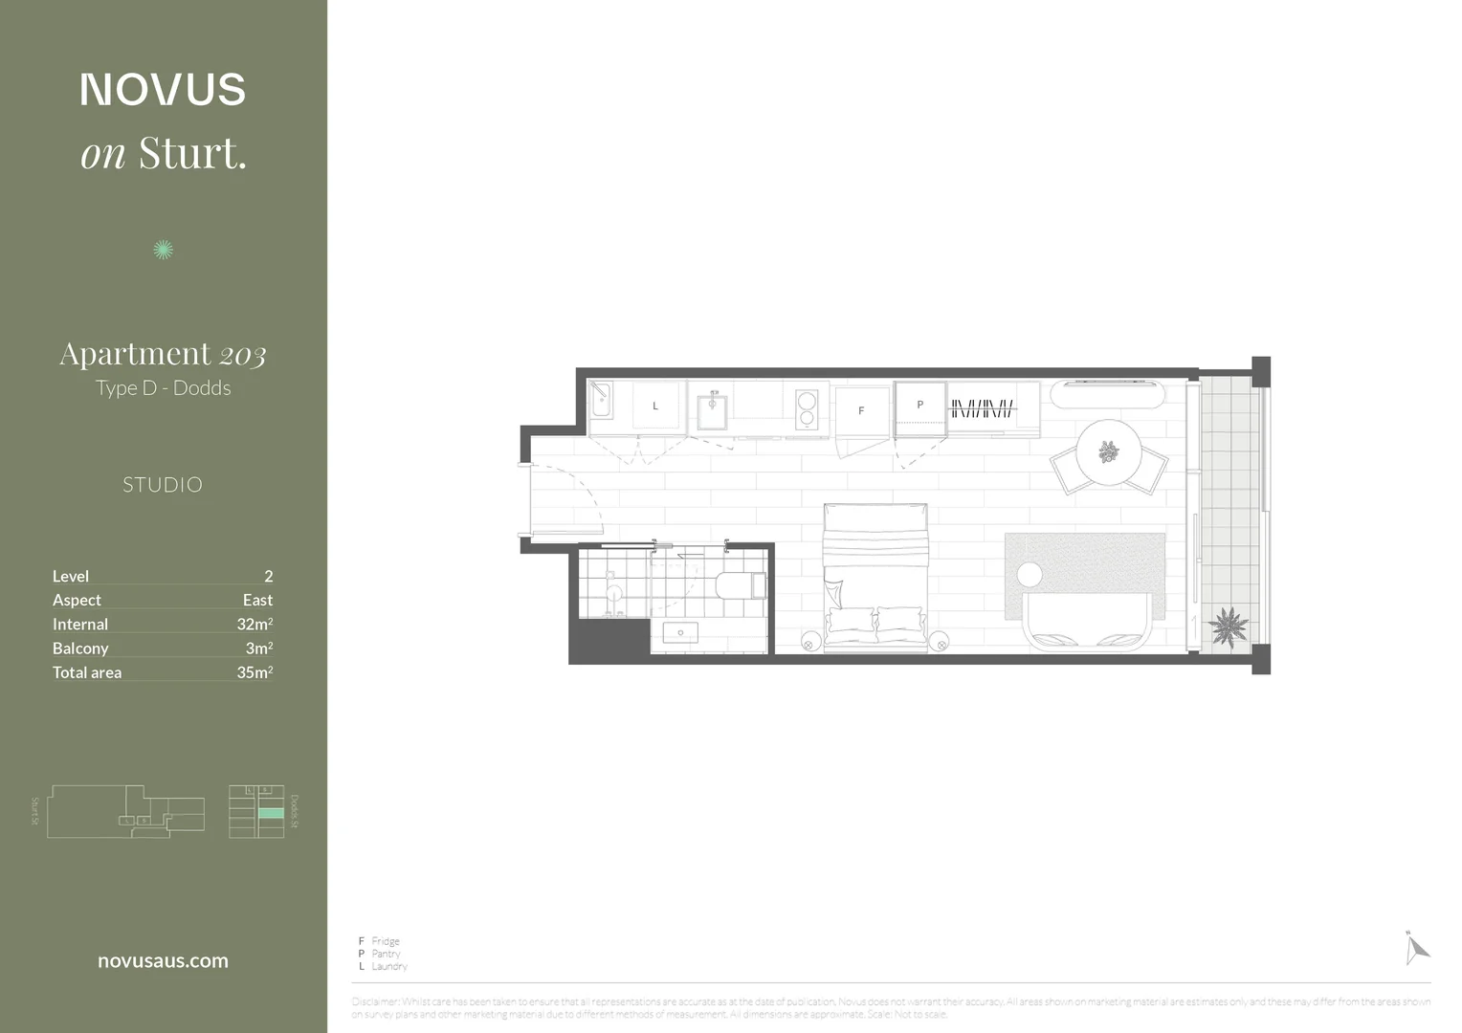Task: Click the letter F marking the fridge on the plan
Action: tap(861, 410)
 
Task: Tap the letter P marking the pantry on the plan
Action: tap(920, 405)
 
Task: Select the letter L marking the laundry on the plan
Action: tap(655, 407)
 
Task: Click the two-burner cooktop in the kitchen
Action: tap(807, 408)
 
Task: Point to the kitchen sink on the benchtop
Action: tap(713, 411)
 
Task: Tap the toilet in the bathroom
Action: tap(741, 584)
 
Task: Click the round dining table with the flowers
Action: tap(1109, 452)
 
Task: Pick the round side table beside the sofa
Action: tap(1030, 575)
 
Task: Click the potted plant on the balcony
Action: tap(1228, 627)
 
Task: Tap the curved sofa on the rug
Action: tap(1086, 623)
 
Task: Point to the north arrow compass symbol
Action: tap(1415, 949)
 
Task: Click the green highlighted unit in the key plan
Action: tap(271, 813)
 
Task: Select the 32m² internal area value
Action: tap(255, 625)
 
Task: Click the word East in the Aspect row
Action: tap(257, 601)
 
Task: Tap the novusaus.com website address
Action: tap(163, 961)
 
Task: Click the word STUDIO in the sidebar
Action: tap(163, 485)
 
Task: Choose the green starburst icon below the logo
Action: tap(164, 250)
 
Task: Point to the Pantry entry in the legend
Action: tap(386, 954)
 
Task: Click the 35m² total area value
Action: tap(255, 672)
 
